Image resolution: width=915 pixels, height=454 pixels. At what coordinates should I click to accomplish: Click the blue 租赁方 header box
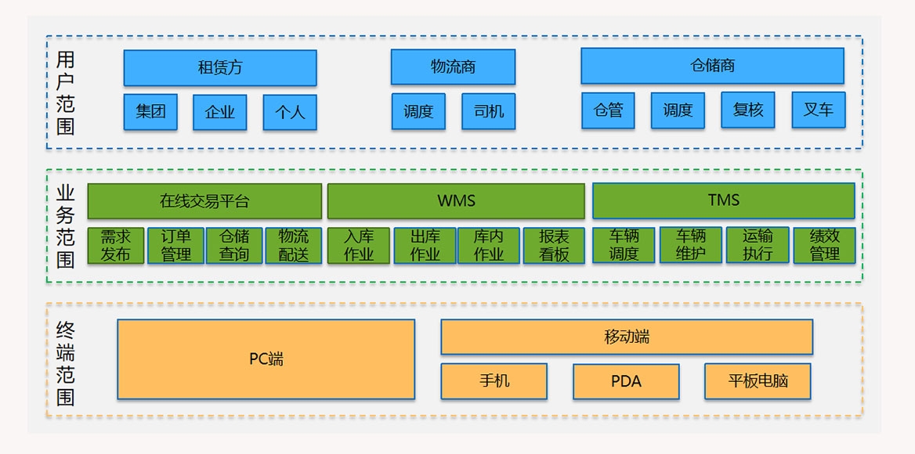pyautogui.click(x=220, y=68)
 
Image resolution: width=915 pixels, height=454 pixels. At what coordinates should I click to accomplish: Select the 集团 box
pyautogui.click(x=150, y=112)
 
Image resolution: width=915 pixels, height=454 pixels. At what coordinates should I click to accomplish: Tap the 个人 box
pyautogui.click(x=290, y=112)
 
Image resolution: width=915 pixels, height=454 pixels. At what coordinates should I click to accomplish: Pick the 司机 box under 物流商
pyautogui.click(x=489, y=111)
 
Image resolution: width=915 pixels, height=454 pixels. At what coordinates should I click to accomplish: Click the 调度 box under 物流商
pyautogui.click(x=418, y=111)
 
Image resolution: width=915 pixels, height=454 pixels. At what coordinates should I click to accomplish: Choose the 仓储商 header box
pyautogui.click(x=712, y=66)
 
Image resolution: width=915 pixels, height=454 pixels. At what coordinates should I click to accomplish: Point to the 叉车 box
pyautogui.click(x=818, y=110)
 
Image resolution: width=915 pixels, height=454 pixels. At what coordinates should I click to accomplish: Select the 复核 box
pyautogui.click(x=747, y=110)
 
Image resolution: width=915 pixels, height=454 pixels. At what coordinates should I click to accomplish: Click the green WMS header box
pyautogui.click(x=456, y=201)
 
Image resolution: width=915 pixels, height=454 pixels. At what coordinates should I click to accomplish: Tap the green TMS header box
pyautogui.click(x=723, y=200)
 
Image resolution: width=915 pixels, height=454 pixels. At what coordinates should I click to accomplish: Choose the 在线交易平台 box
pyautogui.click(x=204, y=201)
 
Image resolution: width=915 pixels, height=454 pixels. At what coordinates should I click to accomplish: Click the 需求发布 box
pyautogui.click(x=115, y=245)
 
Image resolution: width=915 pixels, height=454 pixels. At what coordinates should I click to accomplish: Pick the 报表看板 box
pyautogui.click(x=554, y=245)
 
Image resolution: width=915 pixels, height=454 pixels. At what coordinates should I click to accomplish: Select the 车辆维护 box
pyautogui.click(x=690, y=244)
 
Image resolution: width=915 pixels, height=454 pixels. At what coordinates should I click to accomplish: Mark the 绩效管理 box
pyautogui.click(x=824, y=244)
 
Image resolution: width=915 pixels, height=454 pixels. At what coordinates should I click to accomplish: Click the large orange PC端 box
pyautogui.click(x=266, y=359)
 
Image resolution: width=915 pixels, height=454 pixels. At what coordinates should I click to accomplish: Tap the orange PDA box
pyautogui.click(x=626, y=381)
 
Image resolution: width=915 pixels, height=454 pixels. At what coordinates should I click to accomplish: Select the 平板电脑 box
pyautogui.click(x=758, y=381)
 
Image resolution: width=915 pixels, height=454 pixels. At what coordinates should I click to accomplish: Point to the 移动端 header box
pyautogui.click(x=627, y=337)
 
